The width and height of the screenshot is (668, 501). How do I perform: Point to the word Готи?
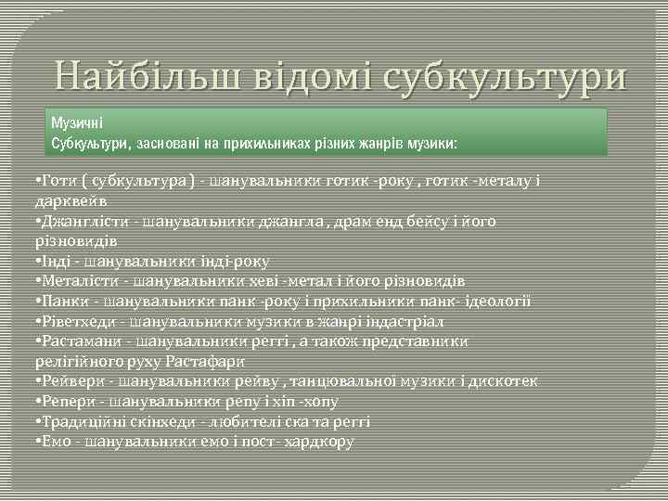(58, 182)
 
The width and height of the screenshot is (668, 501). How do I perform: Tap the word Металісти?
(79, 280)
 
